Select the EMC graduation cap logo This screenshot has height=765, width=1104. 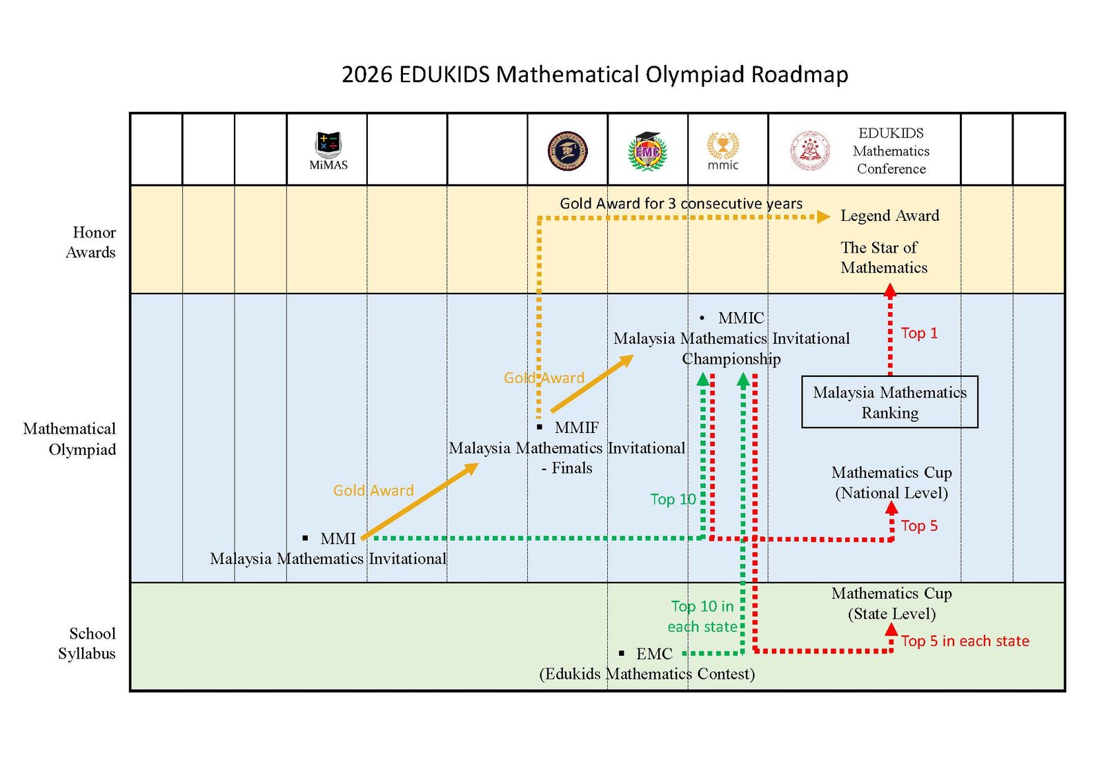coord(647,151)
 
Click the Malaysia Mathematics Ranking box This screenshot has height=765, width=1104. coord(889,402)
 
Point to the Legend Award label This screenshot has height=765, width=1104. coord(889,215)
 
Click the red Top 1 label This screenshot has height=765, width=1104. coord(919,333)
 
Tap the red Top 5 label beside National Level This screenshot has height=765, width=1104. coord(919,525)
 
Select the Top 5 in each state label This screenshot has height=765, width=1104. coord(965,641)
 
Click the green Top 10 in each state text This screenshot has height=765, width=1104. coord(702,616)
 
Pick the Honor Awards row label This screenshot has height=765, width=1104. coord(91,242)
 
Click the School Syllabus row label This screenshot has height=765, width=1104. coord(87,643)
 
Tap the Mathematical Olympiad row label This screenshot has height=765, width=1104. coord(70,439)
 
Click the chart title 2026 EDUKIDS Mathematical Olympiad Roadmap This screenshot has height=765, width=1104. coord(595,74)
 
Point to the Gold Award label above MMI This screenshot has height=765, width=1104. coord(373,490)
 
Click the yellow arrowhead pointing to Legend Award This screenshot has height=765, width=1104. coord(823,217)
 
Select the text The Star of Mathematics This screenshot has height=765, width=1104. coord(883,258)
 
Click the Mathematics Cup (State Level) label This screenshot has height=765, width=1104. coord(891,603)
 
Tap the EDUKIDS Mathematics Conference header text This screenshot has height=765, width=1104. coord(891,151)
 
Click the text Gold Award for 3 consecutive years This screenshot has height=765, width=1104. coord(680,203)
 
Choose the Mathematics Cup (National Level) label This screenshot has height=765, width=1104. coord(891,482)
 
